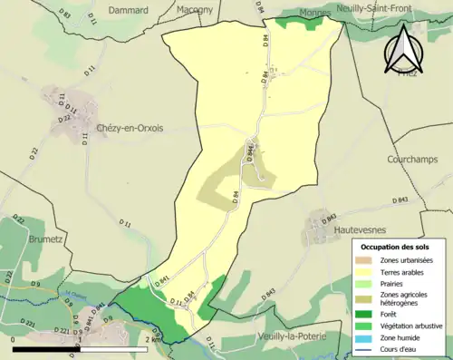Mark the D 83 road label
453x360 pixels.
[x=63, y=14]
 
